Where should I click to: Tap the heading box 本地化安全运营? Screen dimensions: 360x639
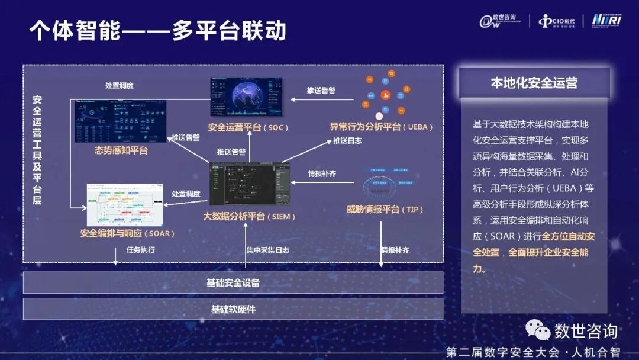(x=534, y=83)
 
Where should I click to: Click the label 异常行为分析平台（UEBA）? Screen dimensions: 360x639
(x=382, y=127)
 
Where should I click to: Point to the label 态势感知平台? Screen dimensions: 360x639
(x=121, y=150)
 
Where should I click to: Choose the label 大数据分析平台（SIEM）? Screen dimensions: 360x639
(x=249, y=216)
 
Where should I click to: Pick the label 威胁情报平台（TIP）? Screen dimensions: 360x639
(x=385, y=209)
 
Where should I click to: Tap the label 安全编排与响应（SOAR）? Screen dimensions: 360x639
(x=128, y=233)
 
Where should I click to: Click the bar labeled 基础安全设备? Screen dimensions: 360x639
(x=233, y=282)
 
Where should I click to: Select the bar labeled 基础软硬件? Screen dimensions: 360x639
(x=233, y=309)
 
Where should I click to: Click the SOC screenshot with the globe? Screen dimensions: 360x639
(x=247, y=98)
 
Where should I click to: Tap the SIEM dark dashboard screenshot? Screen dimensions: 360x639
(x=250, y=184)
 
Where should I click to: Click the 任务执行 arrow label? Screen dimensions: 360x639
(x=140, y=250)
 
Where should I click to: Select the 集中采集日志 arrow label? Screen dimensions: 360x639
(x=267, y=250)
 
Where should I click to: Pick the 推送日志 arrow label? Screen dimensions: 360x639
(x=347, y=141)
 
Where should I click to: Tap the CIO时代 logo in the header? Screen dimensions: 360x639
(x=558, y=21)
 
